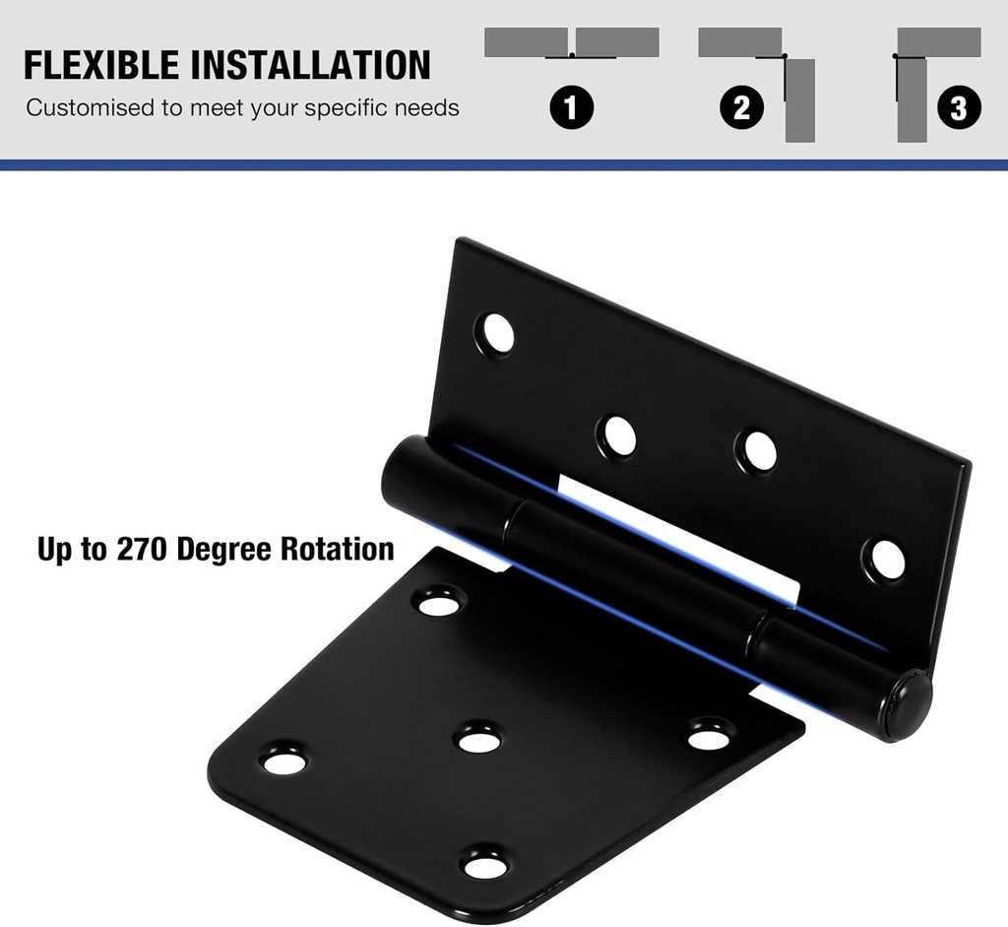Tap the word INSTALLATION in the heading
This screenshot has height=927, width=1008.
(310, 65)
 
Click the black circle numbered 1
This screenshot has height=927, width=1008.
(572, 107)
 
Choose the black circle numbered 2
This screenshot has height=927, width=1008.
(741, 107)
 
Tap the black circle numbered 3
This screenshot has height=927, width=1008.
(959, 107)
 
